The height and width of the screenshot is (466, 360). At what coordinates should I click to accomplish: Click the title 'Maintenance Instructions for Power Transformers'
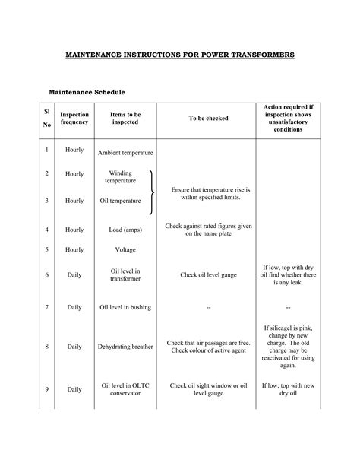click(179, 56)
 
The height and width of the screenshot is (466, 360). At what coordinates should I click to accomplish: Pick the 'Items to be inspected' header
click(125, 118)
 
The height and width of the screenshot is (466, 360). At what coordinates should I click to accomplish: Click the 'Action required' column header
click(288, 118)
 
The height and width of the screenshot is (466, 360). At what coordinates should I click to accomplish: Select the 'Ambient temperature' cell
click(125, 152)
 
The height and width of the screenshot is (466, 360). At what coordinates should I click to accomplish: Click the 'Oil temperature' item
click(121, 201)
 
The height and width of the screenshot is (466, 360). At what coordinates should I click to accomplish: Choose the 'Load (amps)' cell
click(125, 229)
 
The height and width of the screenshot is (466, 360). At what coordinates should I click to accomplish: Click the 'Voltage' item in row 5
click(125, 249)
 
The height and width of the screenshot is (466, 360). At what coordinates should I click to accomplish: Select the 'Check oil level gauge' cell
click(210, 274)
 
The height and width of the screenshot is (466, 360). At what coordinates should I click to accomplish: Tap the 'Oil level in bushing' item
click(125, 307)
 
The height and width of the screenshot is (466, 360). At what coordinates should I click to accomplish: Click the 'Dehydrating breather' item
click(125, 347)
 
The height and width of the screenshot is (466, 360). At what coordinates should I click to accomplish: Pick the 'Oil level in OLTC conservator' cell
click(125, 389)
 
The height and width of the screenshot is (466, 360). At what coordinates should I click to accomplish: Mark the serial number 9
click(46, 389)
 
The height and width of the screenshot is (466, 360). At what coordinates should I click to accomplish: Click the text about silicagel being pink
click(288, 346)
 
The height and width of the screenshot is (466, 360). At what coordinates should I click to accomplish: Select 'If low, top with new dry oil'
click(288, 389)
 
